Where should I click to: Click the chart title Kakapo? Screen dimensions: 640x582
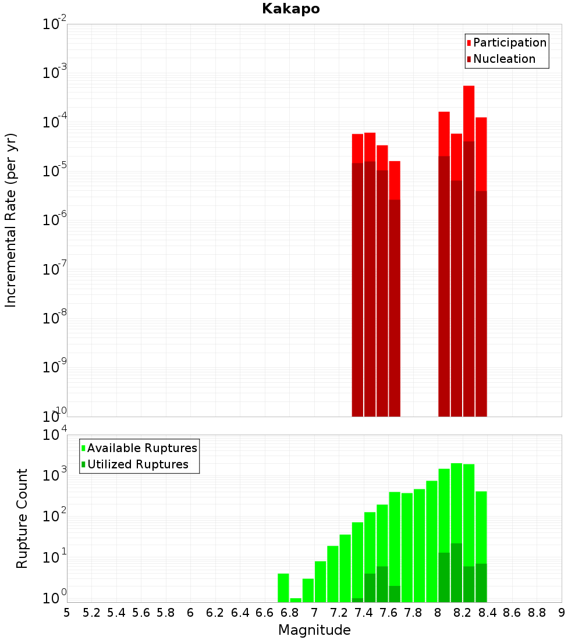click(290, 9)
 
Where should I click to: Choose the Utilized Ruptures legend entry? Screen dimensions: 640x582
click(137, 464)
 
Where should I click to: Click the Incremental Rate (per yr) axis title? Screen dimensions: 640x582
click(10, 221)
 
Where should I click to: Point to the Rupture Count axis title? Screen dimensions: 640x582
click(22, 518)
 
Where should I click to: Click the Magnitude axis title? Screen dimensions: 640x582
click(314, 630)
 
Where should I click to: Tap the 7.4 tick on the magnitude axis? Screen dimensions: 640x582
click(364, 613)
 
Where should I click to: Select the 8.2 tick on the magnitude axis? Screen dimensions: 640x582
click(463, 613)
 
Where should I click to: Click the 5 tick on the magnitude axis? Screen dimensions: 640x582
click(67, 613)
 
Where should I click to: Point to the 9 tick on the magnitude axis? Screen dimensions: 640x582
click(562, 613)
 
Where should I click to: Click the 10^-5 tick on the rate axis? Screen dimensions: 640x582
click(52, 172)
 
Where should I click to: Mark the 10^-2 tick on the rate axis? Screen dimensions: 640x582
click(52, 24)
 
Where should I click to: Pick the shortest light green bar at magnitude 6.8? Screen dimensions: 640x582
click(296, 600)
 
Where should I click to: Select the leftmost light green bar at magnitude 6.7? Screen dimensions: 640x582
click(283, 588)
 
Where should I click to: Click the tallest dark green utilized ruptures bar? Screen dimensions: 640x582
click(456, 573)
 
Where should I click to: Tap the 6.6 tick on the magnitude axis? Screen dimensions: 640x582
click(265, 613)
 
